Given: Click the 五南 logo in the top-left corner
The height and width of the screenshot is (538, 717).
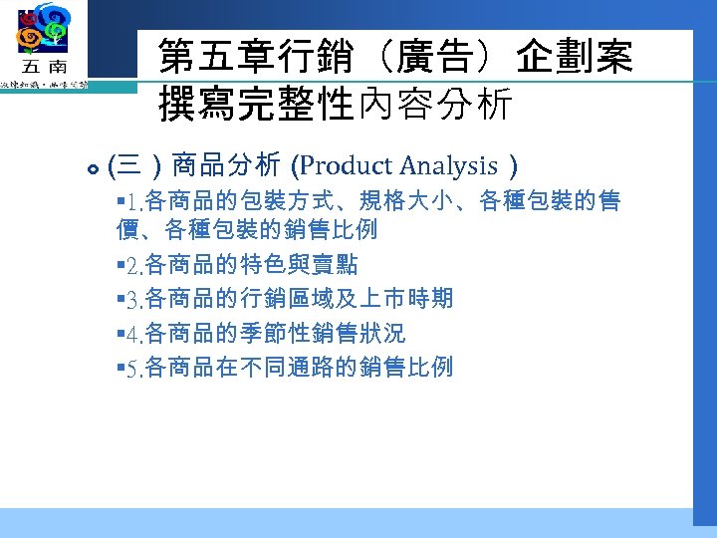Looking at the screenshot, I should coord(43,45).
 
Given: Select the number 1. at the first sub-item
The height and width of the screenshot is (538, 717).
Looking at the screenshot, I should coord(133,204).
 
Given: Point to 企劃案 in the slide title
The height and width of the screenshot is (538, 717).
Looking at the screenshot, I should coord(575,58).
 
